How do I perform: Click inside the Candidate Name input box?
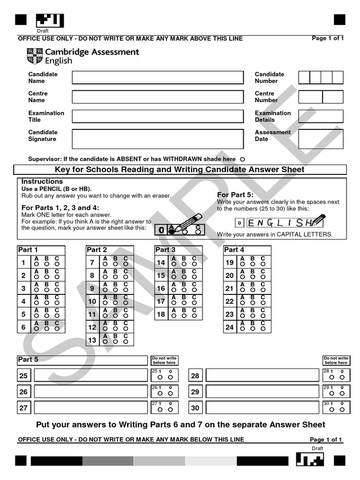click(157, 77)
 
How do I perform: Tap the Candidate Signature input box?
click(157, 139)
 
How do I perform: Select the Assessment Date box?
click(321, 139)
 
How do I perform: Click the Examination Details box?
click(321, 116)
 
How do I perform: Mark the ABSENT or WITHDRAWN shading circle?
click(242, 159)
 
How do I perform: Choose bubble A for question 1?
click(36, 265)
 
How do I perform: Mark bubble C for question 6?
click(57, 329)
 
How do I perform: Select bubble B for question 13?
click(115, 342)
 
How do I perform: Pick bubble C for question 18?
click(194, 316)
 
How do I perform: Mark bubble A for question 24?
click(242, 329)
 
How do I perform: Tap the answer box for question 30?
click(262, 408)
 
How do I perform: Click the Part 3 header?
click(166, 250)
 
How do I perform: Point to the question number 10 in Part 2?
click(92, 301)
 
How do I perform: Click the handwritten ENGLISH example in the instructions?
click(279, 222)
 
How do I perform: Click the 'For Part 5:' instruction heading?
click(235, 195)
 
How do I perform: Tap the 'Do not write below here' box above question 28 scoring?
click(336, 360)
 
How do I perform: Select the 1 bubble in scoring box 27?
click(160, 410)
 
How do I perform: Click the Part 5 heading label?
click(28, 360)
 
